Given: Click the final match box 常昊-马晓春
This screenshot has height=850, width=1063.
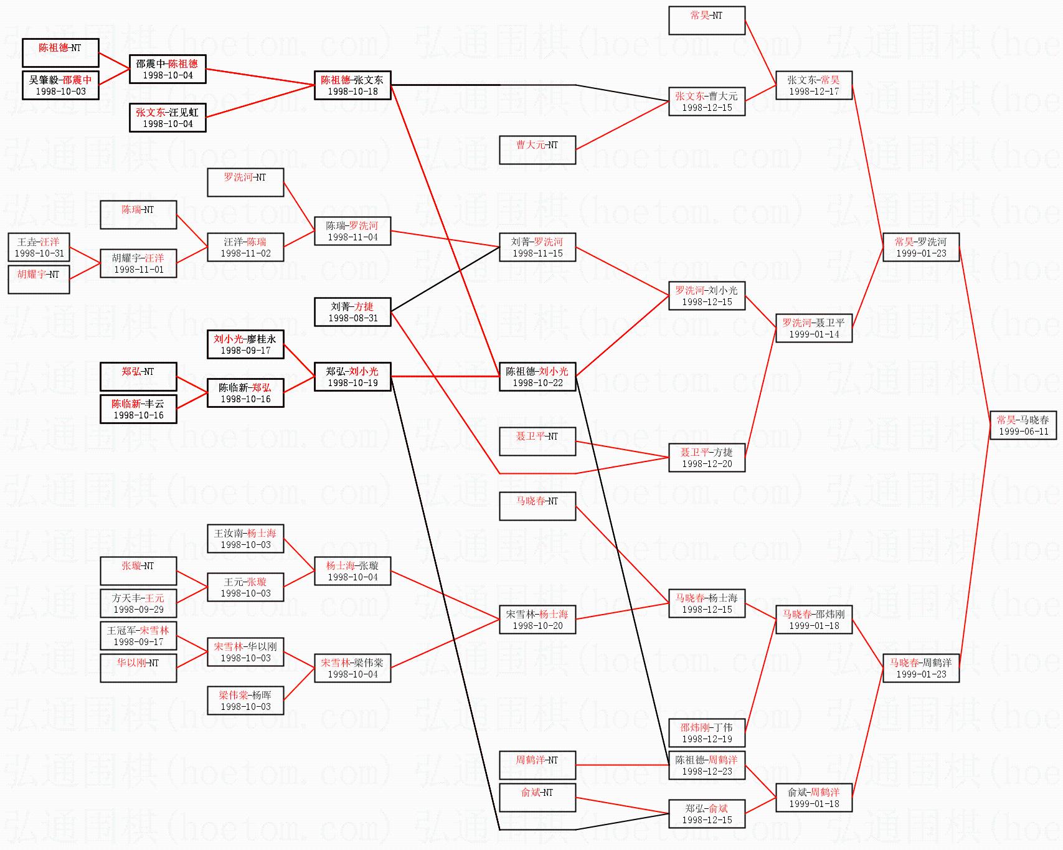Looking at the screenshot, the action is click(x=1023, y=425).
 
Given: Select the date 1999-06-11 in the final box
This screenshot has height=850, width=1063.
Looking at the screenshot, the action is click(x=1023, y=432).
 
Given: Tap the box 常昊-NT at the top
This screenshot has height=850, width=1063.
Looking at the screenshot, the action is click(x=707, y=20).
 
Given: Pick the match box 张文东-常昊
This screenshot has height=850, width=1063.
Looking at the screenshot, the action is click(x=814, y=85).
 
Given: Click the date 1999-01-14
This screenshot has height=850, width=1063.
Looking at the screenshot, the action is click(x=814, y=334).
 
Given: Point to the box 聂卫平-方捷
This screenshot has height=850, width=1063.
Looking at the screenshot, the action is click(x=707, y=458).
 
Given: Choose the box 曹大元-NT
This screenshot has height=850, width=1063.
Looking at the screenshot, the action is click(x=537, y=150).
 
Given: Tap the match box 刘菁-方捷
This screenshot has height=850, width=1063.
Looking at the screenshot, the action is click(x=352, y=312).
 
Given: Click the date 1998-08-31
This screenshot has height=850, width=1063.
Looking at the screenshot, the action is click(x=352, y=318).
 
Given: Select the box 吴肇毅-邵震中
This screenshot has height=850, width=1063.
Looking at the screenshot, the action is click(x=60, y=85).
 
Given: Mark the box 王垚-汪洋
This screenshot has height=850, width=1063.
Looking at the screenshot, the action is click(x=39, y=247).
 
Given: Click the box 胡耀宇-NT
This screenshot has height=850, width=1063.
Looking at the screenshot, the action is click(x=39, y=280).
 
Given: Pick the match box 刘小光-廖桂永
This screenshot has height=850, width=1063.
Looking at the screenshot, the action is click(x=245, y=344).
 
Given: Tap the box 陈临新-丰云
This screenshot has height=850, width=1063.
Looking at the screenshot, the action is click(x=138, y=409).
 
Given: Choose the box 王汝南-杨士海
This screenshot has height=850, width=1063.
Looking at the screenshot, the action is click(x=245, y=539).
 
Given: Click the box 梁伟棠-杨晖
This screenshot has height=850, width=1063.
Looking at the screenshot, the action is click(x=245, y=701).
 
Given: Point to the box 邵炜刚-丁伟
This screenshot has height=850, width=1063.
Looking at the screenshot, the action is click(x=707, y=733).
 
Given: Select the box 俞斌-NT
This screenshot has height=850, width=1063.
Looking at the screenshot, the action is click(x=537, y=798).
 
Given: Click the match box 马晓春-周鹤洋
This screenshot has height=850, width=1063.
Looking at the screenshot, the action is click(x=921, y=668).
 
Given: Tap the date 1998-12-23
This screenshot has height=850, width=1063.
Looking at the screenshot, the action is click(x=707, y=772).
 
